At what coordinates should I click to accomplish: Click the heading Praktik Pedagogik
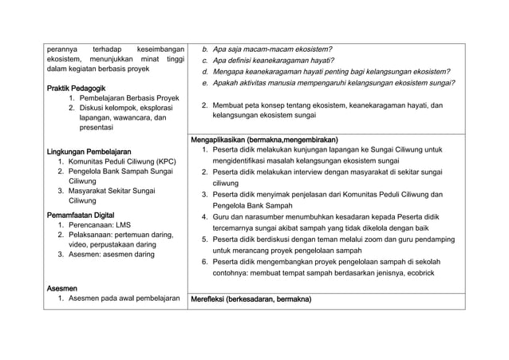(77, 87)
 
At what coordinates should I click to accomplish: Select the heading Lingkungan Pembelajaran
(89, 151)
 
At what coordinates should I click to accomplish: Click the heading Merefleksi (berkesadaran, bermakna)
(251, 299)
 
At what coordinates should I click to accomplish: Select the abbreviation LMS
(129, 226)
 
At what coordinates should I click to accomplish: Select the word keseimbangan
(161, 49)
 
